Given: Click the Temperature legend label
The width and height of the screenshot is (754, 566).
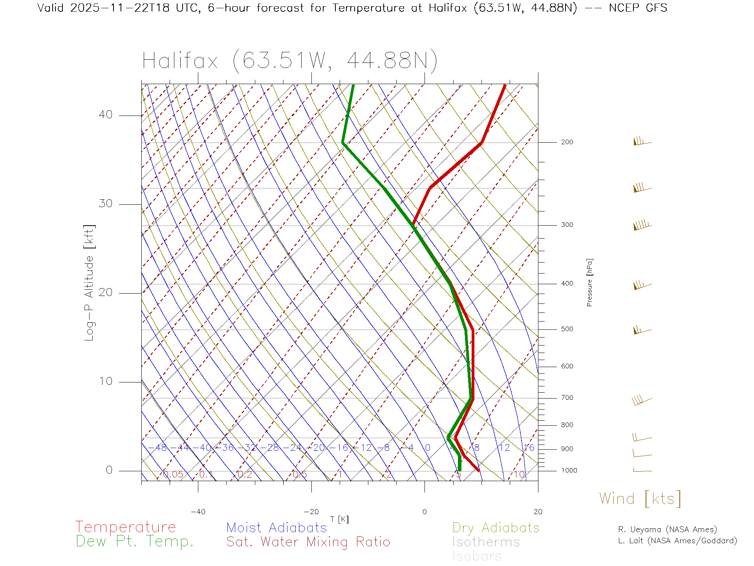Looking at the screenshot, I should click(125, 527).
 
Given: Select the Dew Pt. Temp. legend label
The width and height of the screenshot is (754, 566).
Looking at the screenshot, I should click(135, 542).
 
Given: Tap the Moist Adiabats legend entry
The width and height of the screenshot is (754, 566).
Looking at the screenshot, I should click(276, 527).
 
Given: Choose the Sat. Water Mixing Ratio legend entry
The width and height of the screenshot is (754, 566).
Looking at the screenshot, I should click(308, 542).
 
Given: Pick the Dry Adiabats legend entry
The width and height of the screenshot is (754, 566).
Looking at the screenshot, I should click(496, 527).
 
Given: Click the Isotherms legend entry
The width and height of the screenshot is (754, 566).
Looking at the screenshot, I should click(486, 542).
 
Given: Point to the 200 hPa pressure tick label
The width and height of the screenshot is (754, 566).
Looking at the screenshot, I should click(567, 142).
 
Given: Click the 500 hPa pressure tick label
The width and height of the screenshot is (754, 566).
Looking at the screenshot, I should click(567, 329).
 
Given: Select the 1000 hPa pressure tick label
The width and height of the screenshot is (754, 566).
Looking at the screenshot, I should click(569, 470).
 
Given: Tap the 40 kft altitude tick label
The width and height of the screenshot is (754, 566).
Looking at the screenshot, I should click(105, 115).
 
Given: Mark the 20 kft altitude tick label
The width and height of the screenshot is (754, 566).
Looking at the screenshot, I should click(105, 292).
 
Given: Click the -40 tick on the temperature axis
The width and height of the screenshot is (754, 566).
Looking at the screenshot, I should click(198, 512).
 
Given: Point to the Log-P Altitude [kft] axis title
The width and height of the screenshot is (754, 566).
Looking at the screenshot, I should click(90, 283).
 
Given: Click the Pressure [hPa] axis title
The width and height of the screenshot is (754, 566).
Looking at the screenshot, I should click(589, 282).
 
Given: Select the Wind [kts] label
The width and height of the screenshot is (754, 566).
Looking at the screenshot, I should click(640, 498).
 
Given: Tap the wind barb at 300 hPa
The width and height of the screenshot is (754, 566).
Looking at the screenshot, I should click(642, 225).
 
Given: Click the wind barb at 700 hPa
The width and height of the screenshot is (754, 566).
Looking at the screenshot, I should click(641, 401).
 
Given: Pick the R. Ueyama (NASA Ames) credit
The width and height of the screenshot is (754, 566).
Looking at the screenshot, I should click(667, 529).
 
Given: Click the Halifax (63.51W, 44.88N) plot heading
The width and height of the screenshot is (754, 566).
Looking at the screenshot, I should click(290, 61).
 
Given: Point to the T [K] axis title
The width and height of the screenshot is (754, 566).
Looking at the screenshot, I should click(339, 519).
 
